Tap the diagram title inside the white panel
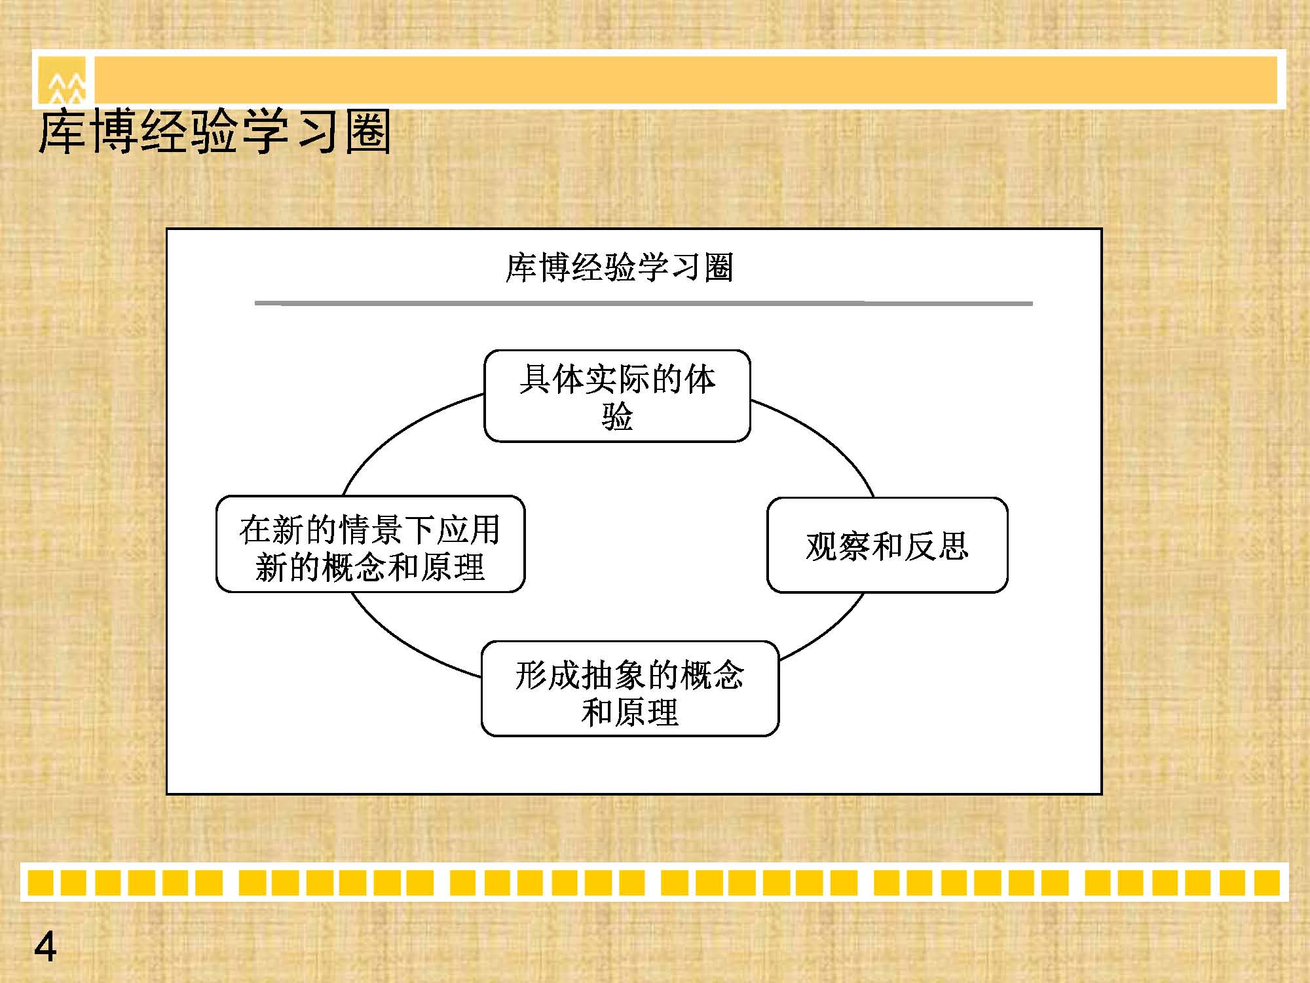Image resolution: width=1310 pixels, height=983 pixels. (x=619, y=267)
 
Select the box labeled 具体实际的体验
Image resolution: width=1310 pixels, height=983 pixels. (x=617, y=396)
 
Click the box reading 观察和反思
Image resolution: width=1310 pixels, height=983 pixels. (x=887, y=545)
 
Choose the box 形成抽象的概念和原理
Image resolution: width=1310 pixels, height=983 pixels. (x=630, y=688)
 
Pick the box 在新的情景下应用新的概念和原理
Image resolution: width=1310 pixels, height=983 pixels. (x=370, y=544)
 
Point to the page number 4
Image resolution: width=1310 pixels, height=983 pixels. (x=45, y=946)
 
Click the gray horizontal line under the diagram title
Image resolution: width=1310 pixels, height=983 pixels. (x=643, y=303)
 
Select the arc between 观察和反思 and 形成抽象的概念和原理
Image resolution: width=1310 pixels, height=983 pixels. (x=831, y=630)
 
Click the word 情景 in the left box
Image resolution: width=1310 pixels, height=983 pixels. (x=370, y=530)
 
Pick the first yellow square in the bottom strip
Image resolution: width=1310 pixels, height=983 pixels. (x=40, y=882)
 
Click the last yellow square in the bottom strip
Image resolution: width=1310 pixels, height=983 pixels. (x=1267, y=882)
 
